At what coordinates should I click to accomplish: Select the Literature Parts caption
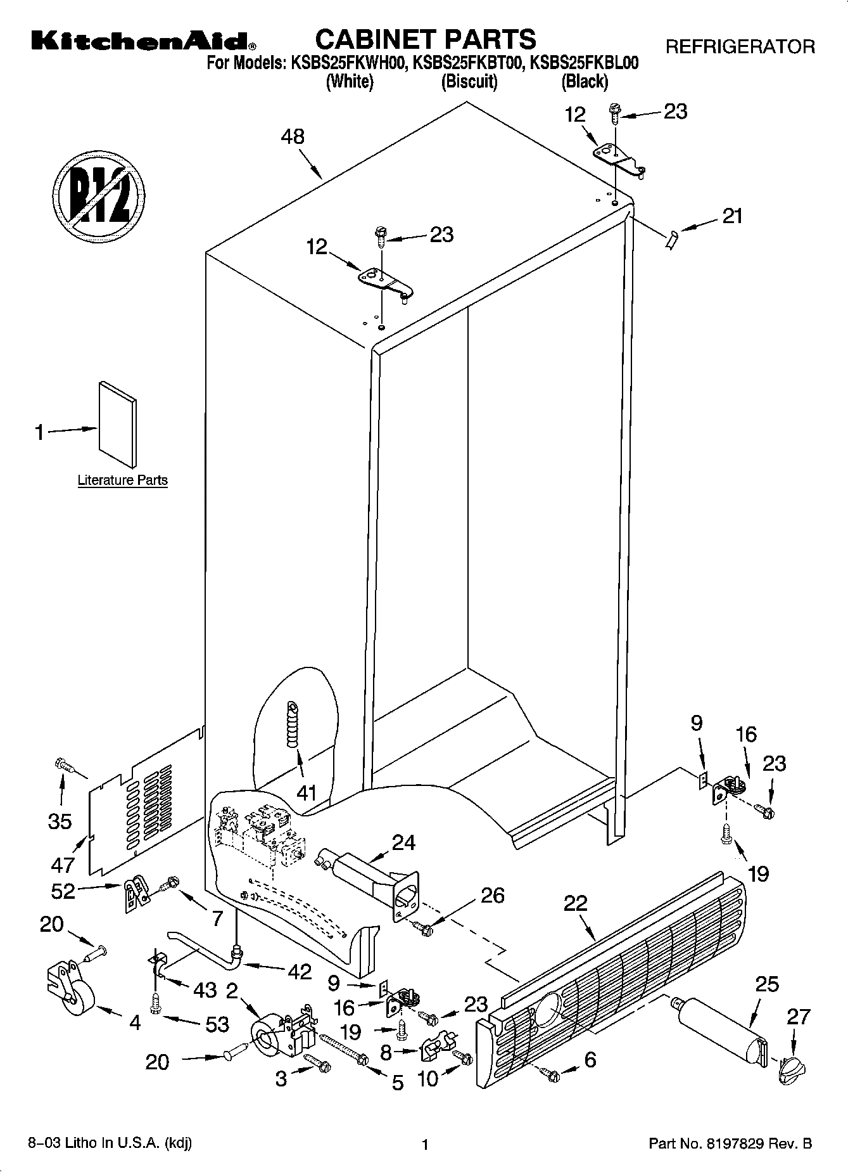[122, 480]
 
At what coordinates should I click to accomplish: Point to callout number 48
[293, 137]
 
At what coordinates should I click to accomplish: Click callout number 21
[733, 217]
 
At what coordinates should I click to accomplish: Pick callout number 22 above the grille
[575, 903]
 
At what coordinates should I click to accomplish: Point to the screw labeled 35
[63, 766]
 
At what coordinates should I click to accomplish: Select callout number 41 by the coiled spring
[307, 792]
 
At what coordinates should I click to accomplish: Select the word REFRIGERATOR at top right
[740, 46]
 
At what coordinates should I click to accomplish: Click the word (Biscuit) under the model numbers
[469, 81]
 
